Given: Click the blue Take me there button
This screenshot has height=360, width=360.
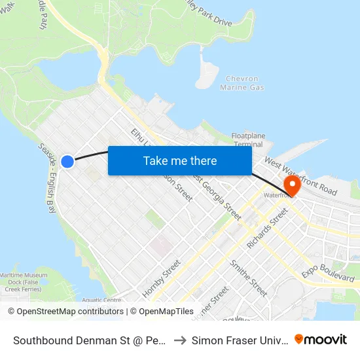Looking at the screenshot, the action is (x=179, y=160).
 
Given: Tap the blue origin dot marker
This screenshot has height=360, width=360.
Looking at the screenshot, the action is (x=67, y=161).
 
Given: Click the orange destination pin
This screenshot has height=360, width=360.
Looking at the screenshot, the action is (x=291, y=185).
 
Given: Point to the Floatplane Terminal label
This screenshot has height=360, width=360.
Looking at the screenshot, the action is (x=248, y=140).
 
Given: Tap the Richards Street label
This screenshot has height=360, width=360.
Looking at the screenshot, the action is (x=267, y=228).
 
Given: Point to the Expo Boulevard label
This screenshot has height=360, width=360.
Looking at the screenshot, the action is (x=328, y=270).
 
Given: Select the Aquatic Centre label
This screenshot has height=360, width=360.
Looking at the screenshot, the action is (x=101, y=300).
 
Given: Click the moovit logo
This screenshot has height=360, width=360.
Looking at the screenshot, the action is (x=321, y=339).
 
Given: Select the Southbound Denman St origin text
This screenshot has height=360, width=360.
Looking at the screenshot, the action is (x=88, y=340).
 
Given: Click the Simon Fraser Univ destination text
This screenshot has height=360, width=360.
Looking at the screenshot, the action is (x=239, y=340).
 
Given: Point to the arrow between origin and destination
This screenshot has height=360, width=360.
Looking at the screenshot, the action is (x=179, y=340).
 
